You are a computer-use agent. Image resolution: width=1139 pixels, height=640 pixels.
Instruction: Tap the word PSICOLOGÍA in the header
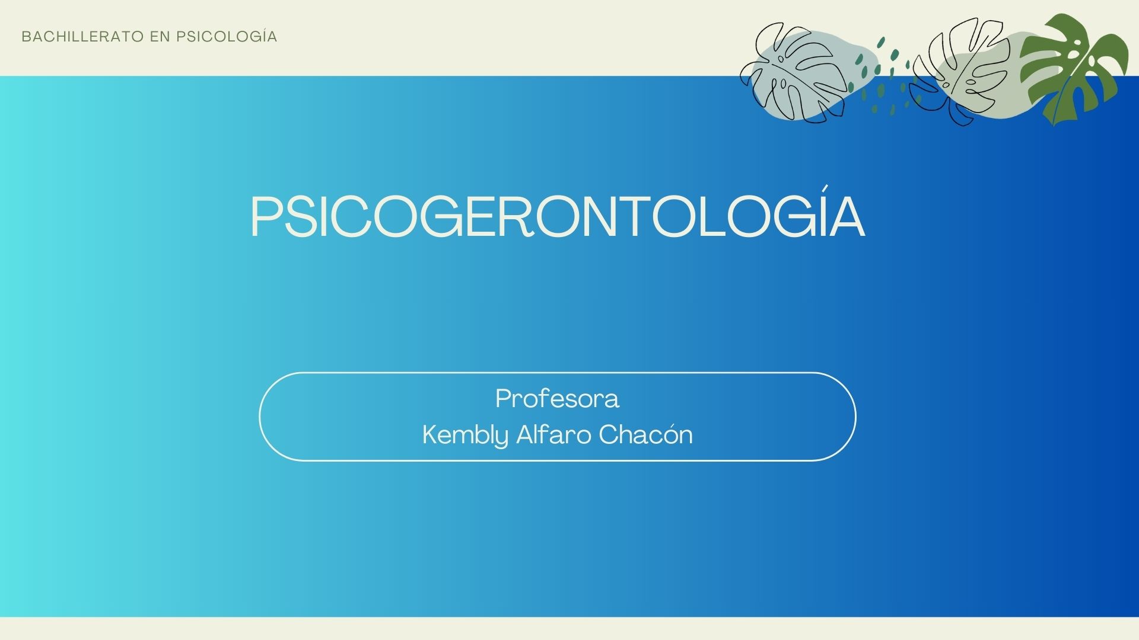(x=227, y=36)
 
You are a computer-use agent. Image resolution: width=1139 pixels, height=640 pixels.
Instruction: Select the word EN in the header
(x=160, y=37)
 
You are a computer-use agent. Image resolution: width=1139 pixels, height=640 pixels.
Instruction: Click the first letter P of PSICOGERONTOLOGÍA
(x=267, y=217)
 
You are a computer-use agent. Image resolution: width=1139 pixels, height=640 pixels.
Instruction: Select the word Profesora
(x=557, y=399)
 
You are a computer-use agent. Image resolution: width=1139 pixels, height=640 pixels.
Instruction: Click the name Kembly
(x=466, y=436)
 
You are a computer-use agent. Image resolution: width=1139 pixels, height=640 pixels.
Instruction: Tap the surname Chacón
(x=645, y=434)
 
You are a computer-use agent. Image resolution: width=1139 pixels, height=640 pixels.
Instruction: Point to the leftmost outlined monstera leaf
(x=793, y=72)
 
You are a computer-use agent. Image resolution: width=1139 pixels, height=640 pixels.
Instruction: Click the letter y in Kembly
(x=502, y=439)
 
